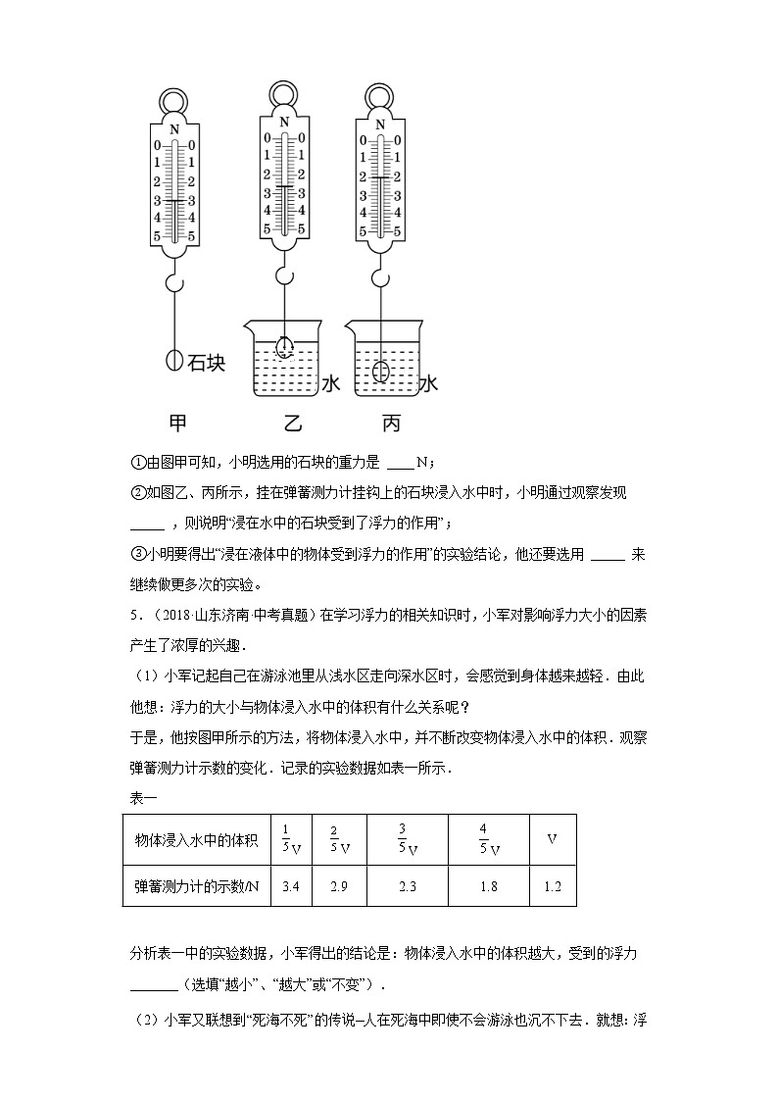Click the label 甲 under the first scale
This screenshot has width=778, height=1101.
pos(176,424)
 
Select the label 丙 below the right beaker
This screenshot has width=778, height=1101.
pos(390,424)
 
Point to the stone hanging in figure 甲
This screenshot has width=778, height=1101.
pos(174,360)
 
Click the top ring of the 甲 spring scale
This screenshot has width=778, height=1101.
pos(174,102)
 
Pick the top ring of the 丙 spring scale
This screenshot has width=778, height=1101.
pos(379,94)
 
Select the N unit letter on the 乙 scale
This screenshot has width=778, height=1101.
pos(284,123)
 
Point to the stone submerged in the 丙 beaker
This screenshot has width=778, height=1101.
pos(380,372)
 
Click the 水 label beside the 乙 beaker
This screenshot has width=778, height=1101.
pos(330,384)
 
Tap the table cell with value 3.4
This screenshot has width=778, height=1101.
pos(290,885)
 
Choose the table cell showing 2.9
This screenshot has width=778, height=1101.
pos(338,885)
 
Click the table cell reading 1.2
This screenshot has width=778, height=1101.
pos(552,885)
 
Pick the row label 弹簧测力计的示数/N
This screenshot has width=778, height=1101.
pos(197,885)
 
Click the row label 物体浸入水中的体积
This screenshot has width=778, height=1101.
pos(196,839)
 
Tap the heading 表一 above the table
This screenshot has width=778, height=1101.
pos(142,796)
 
